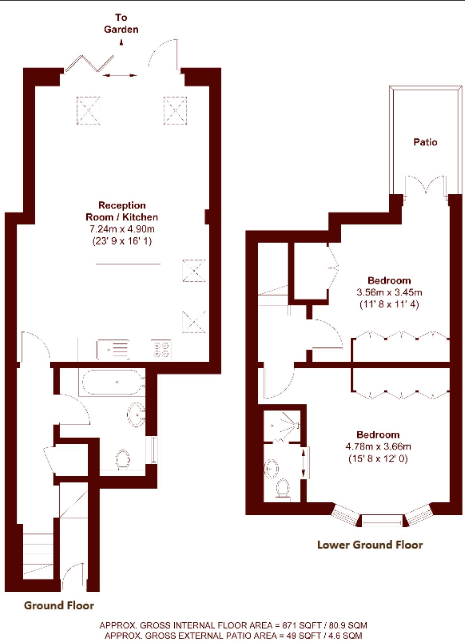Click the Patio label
click(x=425, y=142)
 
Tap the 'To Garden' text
click(x=121, y=24)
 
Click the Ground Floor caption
click(x=59, y=605)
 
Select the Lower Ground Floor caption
click(x=370, y=545)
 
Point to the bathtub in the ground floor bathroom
click(x=112, y=382)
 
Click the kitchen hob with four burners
click(x=161, y=350)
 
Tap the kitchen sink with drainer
click(x=113, y=350)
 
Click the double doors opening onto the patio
click(x=425, y=186)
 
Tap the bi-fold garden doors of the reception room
click(x=89, y=64)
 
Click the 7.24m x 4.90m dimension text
click(x=122, y=229)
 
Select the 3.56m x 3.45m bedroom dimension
click(x=389, y=292)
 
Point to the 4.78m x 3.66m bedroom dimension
click(x=378, y=447)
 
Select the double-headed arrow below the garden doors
click(x=120, y=76)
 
